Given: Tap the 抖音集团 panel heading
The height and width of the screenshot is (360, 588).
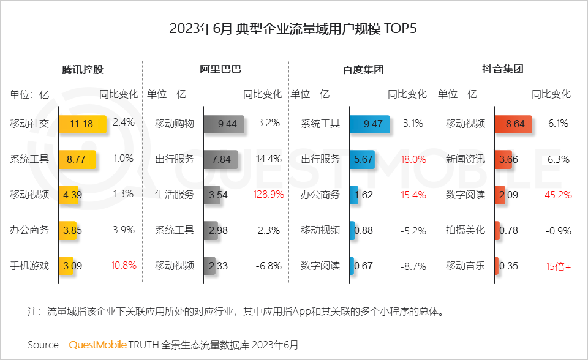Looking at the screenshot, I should coord(503,69).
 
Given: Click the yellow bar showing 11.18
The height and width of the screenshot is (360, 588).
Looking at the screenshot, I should coord(82,124).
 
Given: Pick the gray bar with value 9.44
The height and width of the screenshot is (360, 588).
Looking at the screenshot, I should coord(224,124).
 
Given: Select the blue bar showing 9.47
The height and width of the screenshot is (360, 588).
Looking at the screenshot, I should coord(369,124).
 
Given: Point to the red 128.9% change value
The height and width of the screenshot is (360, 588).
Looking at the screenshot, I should coord(268,195).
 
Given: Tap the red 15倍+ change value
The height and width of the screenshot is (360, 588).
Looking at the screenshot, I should coord(558,266).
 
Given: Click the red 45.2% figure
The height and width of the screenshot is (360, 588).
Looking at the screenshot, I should coord(558,195).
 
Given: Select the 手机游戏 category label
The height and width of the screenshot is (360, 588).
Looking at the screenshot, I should coord(29,266).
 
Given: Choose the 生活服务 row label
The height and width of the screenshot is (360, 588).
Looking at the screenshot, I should coord(175,195).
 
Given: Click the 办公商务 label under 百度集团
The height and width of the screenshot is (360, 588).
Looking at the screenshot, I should coord(320,195).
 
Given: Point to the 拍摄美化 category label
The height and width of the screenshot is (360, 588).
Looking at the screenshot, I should coord(466,231).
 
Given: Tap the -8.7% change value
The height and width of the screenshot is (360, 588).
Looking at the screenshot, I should coord(413,266).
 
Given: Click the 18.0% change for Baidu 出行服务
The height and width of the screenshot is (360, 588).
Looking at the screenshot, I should coord(413,159).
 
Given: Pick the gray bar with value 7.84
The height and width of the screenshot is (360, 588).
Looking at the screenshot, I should coord(221,159).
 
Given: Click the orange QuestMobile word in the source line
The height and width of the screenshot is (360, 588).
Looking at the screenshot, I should coord(97,345).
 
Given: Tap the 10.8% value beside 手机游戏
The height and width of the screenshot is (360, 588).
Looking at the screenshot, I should coord(123,266).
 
